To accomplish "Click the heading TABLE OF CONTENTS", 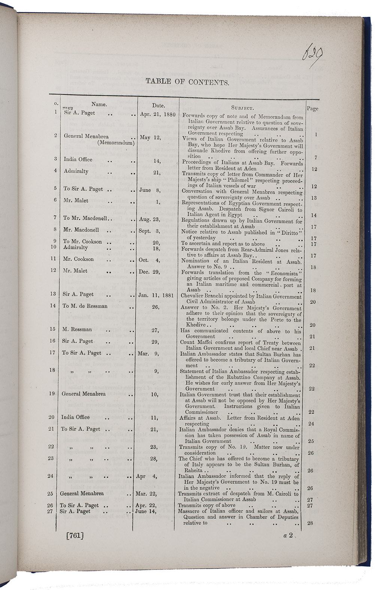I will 187,81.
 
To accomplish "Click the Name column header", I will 99,105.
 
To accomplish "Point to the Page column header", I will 312,109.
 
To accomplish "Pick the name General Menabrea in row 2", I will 86,136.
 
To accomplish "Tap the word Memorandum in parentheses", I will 116,142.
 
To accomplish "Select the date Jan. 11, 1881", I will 156,295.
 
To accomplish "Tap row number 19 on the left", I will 52,394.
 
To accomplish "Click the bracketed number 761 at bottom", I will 75,535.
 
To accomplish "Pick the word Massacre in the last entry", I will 190,511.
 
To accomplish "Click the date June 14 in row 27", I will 147,511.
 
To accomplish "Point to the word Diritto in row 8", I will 290,232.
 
